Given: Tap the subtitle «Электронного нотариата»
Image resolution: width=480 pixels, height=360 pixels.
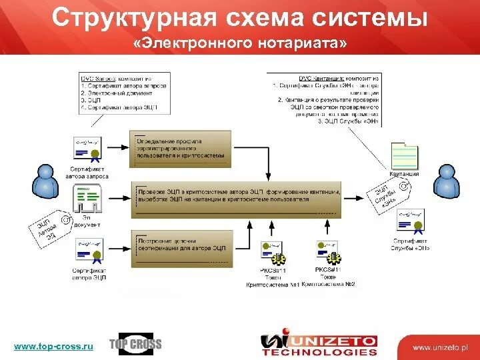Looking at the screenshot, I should [x=240, y=44].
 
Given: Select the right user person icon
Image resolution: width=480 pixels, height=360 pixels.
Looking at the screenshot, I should [x=446, y=180].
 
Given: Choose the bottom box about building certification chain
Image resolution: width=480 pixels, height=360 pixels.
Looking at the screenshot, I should [x=183, y=243].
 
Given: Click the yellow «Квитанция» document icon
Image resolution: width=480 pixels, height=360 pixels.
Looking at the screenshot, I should [x=404, y=156].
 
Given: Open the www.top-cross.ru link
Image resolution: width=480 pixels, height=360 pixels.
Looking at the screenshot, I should [x=54, y=345].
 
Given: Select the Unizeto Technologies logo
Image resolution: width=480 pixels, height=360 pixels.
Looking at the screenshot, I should [x=319, y=343].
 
